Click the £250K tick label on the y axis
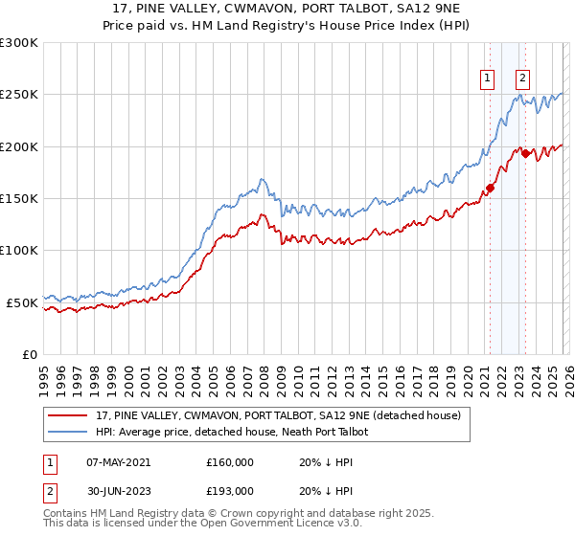pyautogui.click(x=18, y=95)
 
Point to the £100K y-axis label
pyautogui.click(x=18, y=250)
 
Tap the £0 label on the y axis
pyautogui.click(x=28, y=354)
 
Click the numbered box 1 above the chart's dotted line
pyautogui.click(x=488, y=79)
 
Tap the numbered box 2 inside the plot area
pyautogui.click(x=522, y=79)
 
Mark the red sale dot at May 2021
pyautogui.click(x=490, y=188)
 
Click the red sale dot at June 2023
pyautogui.click(x=526, y=153)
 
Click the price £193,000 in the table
pyautogui.click(x=229, y=490)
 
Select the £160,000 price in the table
pyautogui.click(x=229, y=461)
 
